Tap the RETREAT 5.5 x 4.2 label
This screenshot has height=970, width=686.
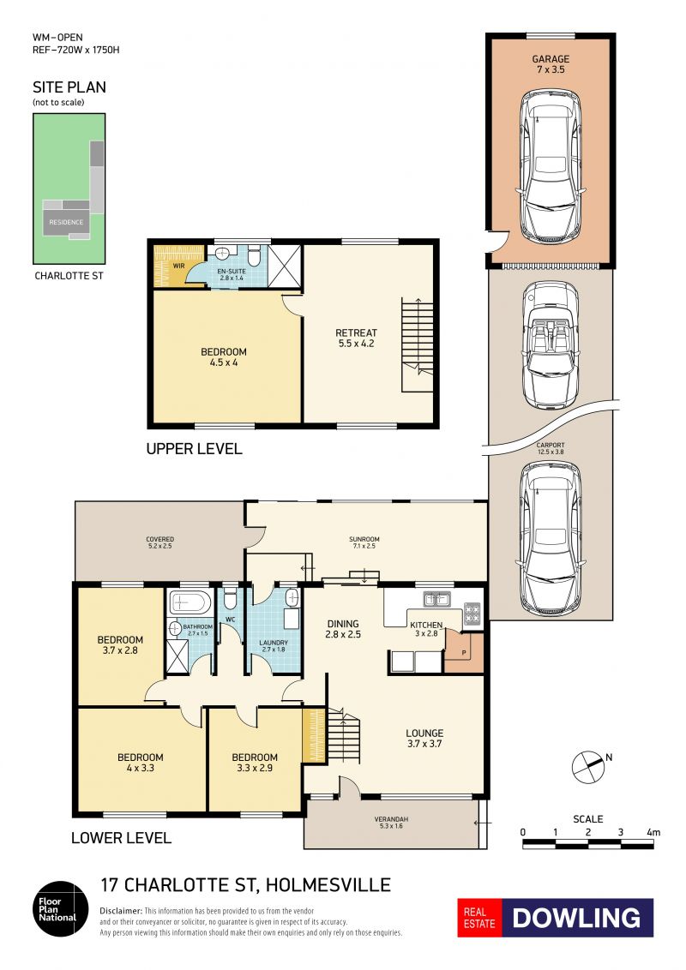[356, 338]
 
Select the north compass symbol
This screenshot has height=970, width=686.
[588, 767]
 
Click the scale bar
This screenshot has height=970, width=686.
[588, 844]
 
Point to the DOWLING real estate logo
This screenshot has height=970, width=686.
[556, 918]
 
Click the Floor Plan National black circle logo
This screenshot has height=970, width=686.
[61, 909]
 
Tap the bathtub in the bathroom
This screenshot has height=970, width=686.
[190, 602]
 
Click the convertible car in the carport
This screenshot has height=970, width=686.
[551, 345]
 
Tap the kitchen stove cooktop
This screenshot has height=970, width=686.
[472, 613]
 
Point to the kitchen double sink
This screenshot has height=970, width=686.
[436, 598]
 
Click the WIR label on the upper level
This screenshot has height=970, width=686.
[178, 266]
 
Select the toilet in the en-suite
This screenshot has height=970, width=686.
[254, 255]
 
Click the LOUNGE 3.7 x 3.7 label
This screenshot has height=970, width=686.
[424, 739]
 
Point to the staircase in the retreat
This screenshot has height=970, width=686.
[418, 344]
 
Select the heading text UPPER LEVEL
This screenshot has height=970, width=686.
[194, 449]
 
